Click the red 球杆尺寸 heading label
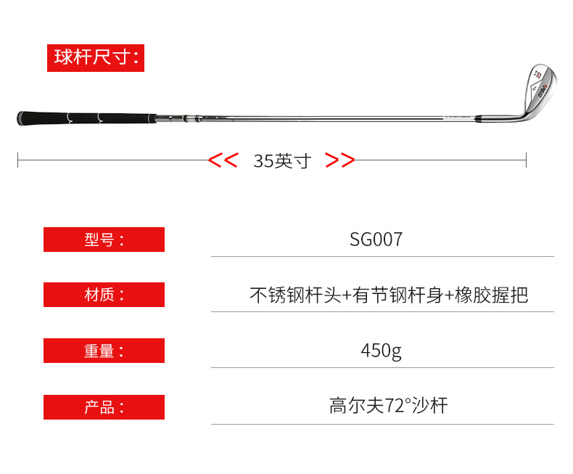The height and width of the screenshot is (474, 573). tap(96, 58)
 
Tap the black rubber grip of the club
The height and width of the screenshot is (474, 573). tap(87, 118)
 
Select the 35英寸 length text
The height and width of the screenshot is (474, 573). tap(282, 161)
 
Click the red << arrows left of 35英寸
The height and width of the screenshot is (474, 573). tap(223, 160)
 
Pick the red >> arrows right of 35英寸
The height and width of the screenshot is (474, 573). tap(340, 160)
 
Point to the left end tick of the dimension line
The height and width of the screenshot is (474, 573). tap(18, 160)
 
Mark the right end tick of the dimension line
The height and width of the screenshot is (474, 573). tap(527, 160)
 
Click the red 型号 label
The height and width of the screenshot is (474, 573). tap(104, 240)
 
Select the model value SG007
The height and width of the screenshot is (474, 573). tap(376, 240)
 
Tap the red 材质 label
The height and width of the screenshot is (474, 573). tap(104, 295)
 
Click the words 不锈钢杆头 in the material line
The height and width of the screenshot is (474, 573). tap(295, 295)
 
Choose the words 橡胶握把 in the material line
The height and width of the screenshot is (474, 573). tap(492, 295)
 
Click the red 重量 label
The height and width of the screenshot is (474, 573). tap(104, 351)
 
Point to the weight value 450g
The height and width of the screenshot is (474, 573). tap(381, 351)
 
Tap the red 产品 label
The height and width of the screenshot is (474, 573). tap(104, 407)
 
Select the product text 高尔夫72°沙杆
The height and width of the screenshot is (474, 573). tap(389, 406)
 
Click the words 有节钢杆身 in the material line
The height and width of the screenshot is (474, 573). tap(398, 295)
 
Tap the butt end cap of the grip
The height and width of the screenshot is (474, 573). tap(19, 118)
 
